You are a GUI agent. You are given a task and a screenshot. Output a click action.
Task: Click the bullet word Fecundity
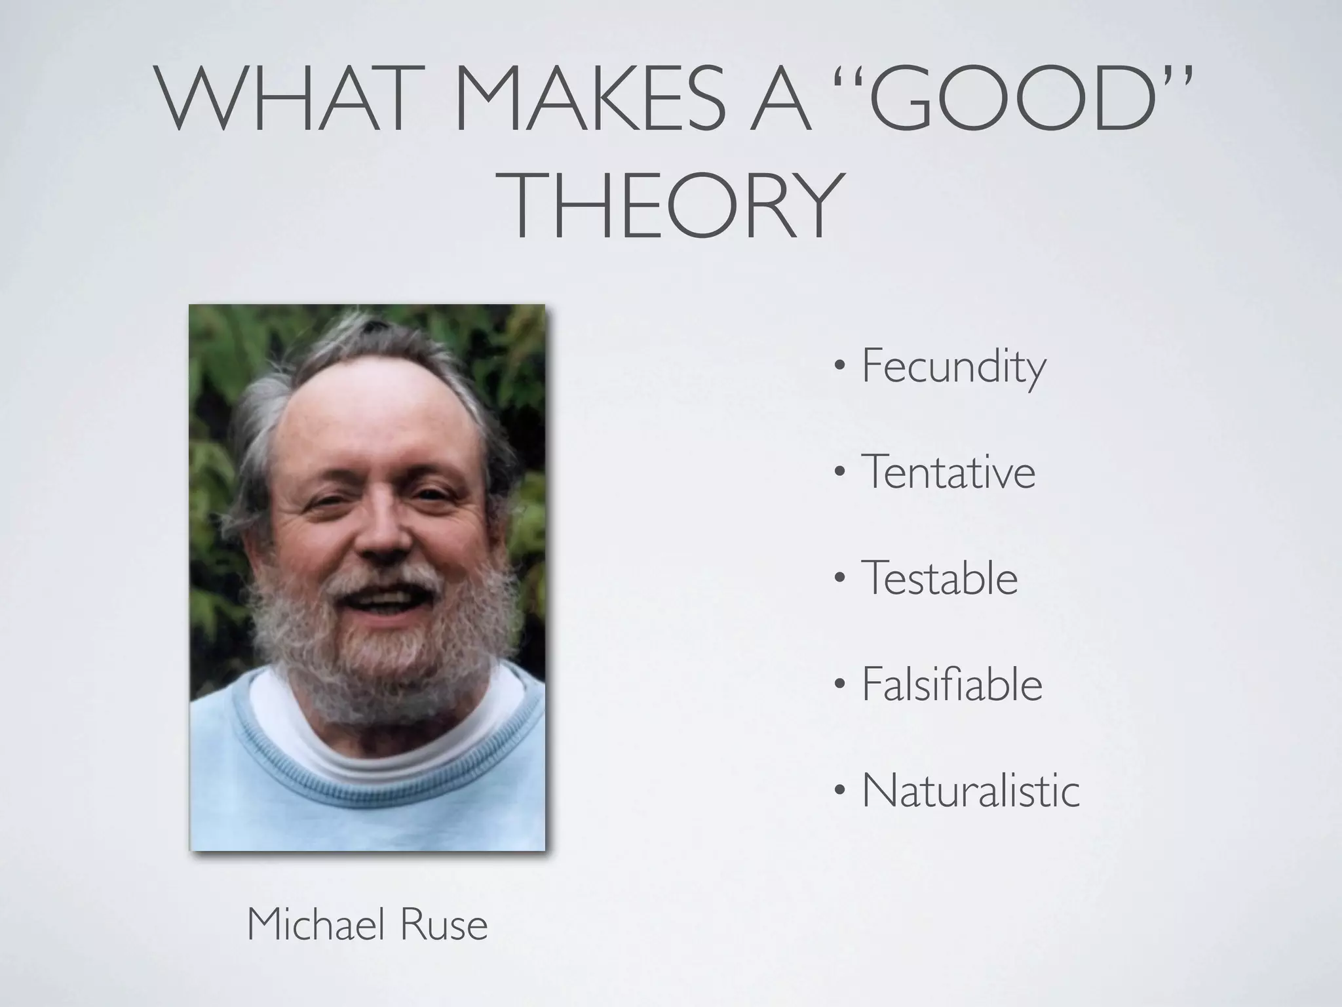pos(953,367)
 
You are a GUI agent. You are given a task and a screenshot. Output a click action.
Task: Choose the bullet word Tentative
pos(948,472)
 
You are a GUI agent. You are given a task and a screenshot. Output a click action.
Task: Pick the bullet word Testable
pos(940,578)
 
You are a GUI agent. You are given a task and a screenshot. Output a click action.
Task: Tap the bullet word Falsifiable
pos(951,684)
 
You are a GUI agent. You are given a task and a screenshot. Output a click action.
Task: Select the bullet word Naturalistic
pos(970,791)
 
